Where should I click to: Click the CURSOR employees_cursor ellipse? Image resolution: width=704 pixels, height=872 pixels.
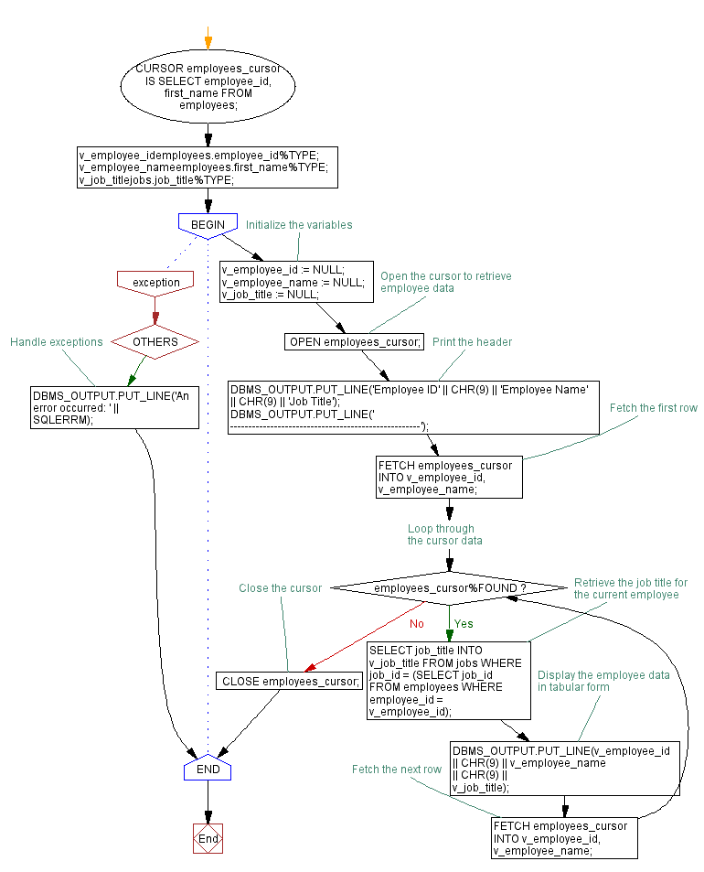(208, 87)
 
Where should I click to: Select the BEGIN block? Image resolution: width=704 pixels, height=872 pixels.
(208, 225)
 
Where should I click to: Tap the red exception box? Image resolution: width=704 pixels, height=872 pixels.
(156, 282)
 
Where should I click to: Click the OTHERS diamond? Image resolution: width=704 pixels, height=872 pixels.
(155, 341)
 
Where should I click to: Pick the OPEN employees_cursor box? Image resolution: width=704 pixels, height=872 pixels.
(355, 341)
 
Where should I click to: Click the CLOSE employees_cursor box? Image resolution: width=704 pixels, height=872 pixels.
(289, 681)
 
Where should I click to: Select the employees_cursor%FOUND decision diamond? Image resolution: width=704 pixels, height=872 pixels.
(449, 587)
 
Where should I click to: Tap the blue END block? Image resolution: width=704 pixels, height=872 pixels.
(208, 770)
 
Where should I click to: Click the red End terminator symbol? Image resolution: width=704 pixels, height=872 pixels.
(208, 838)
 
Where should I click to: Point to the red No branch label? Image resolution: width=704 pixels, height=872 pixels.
(417, 623)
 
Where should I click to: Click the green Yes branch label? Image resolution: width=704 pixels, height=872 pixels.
(464, 623)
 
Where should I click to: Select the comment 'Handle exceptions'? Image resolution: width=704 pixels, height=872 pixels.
(57, 341)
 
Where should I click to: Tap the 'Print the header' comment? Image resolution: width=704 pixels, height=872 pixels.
(472, 341)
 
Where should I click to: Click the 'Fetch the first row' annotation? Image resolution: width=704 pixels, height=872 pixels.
(654, 408)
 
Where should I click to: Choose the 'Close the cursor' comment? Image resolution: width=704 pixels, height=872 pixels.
(280, 587)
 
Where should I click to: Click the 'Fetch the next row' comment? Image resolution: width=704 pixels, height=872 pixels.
(397, 770)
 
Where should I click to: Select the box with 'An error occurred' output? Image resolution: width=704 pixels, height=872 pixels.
(114, 407)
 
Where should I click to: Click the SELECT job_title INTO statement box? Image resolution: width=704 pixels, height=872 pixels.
(449, 680)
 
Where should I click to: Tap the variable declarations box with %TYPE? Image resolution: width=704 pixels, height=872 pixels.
(208, 167)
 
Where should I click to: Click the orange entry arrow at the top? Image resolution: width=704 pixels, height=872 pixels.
(208, 41)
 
